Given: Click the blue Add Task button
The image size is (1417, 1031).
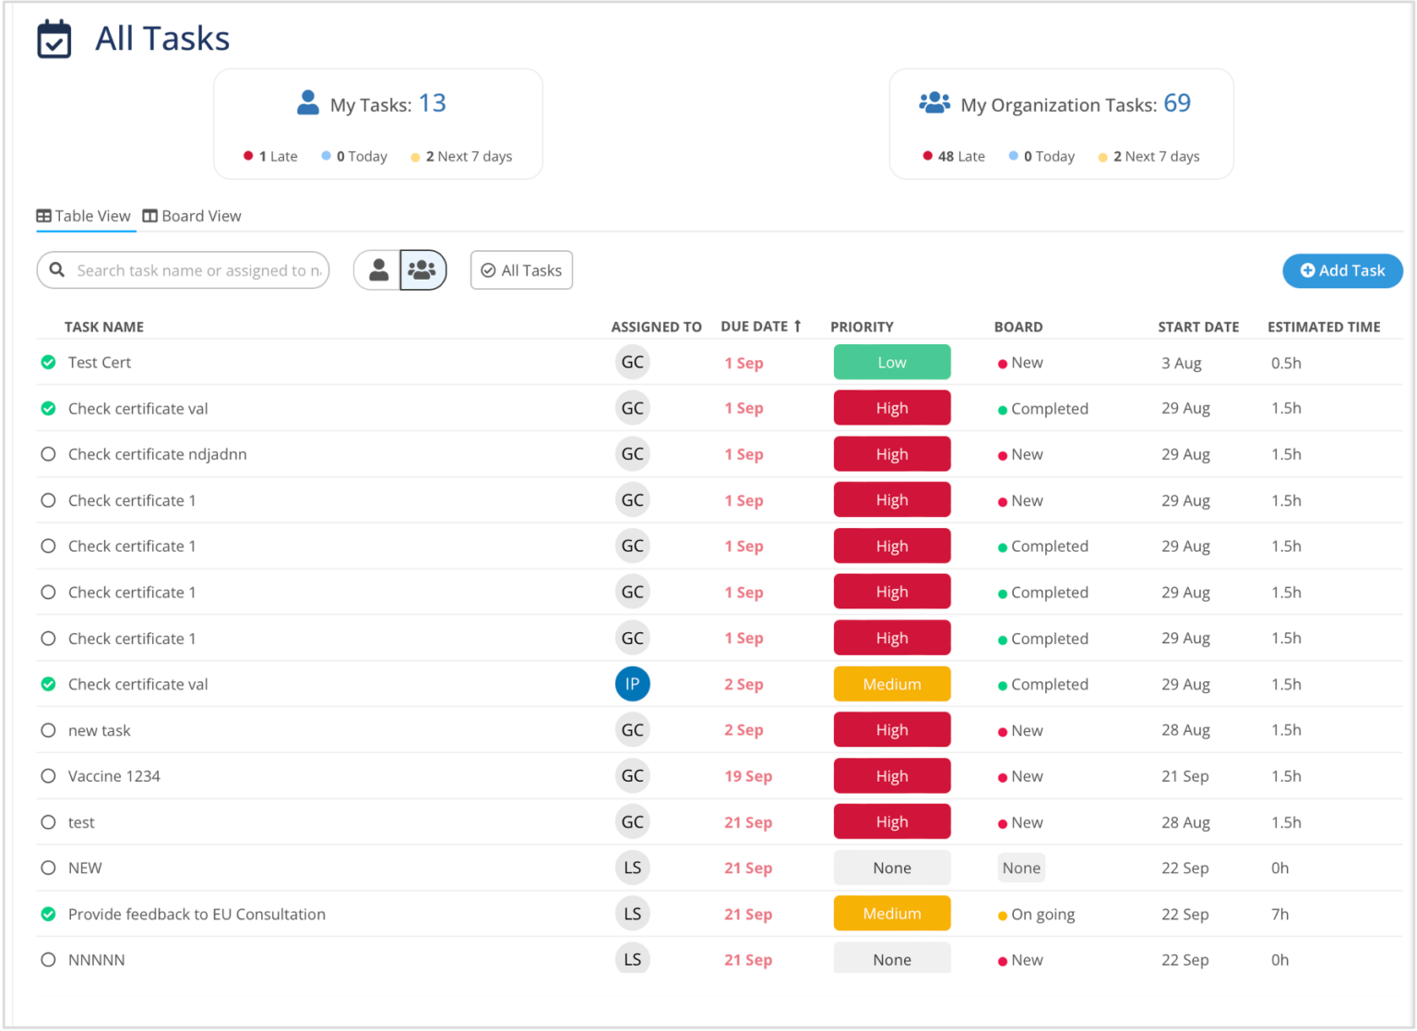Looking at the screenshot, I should point(1342,270).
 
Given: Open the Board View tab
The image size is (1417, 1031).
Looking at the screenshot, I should point(192,216).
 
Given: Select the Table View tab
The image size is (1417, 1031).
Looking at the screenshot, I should point(84,216).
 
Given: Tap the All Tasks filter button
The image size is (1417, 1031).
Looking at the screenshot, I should point(521,270).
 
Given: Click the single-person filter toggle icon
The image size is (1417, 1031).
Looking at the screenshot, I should point(378,270).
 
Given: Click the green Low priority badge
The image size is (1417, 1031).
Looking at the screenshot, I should point(891,363).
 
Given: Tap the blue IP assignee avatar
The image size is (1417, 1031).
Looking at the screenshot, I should point(632,684).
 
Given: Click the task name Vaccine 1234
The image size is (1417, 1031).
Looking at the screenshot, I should point(114,776).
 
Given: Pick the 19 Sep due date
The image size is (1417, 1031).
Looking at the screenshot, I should point(747,776).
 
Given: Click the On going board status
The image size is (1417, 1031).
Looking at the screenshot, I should point(1042,915).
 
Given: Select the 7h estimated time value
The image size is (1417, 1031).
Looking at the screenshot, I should point(1280,915).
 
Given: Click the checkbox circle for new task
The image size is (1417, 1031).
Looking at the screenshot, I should point(49,730).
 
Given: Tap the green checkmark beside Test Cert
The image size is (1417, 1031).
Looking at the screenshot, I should point(49,363).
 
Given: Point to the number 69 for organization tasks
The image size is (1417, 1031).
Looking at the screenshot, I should point(1176,103).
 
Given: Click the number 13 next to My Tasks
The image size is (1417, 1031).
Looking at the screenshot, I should point(432,103).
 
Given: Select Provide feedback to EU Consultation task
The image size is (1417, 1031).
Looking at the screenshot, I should point(196,915).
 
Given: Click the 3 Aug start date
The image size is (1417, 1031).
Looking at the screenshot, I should point(1181,364).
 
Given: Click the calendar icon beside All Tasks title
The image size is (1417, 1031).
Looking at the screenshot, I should point(54,39).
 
